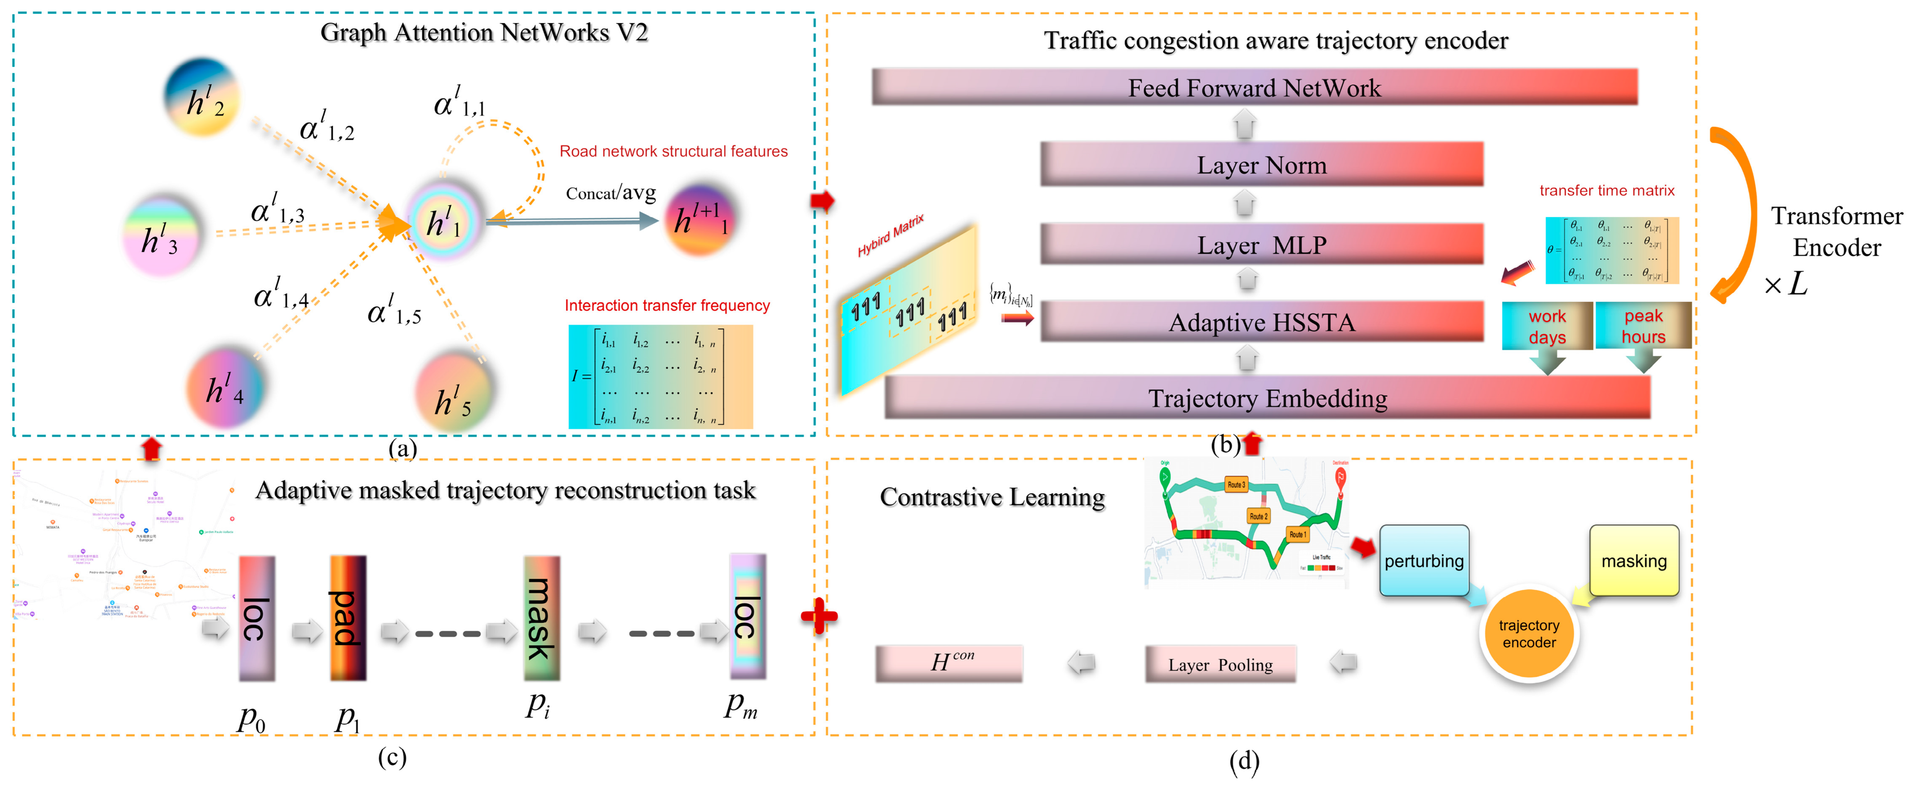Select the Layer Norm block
point(1261,165)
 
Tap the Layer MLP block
point(1261,245)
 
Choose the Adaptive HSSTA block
point(1261,322)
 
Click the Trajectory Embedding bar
point(1267,398)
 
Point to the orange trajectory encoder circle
point(1529,634)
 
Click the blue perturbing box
point(1424,561)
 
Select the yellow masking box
point(1634,561)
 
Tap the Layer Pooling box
point(1220,665)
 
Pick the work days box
point(1547,326)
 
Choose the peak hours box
point(1643,326)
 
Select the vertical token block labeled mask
point(541,618)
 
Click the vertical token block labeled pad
point(348,618)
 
